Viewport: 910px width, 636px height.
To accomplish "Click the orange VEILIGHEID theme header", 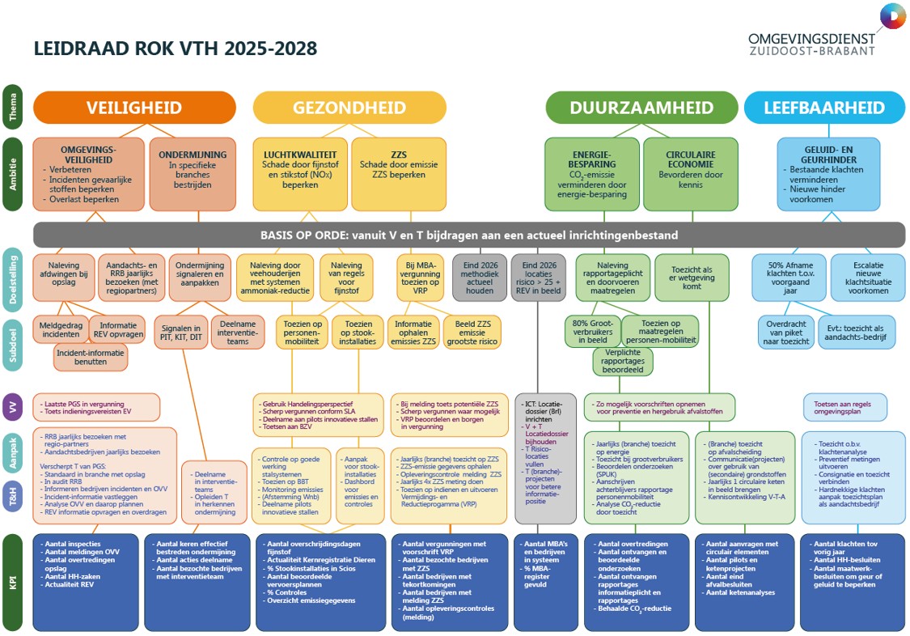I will [134, 108].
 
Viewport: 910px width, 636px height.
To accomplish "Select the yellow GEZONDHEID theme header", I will [349, 108].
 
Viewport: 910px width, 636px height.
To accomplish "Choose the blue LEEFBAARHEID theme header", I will [824, 108].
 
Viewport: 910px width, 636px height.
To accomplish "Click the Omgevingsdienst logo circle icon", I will [892, 17].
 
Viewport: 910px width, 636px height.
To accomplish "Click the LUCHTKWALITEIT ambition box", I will [300, 174].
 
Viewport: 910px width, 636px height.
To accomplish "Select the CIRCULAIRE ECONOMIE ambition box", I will [690, 174].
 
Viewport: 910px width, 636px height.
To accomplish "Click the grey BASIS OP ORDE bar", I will [469, 235].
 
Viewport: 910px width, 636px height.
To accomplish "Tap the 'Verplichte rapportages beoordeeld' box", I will [623, 361].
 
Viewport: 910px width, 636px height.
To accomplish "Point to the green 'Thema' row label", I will [12, 108].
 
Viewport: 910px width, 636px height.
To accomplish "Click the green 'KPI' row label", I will [12, 581].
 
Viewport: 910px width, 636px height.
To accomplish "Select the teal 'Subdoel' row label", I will [12, 342].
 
